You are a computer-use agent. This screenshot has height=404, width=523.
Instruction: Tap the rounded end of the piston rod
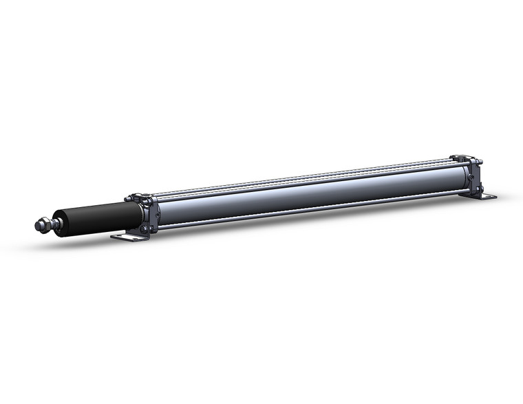(37, 224)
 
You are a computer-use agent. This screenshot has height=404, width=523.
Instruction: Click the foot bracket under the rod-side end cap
(131, 236)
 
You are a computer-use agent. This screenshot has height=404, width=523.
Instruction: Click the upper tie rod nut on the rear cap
(480, 162)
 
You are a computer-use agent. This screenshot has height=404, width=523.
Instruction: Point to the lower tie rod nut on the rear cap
(480, 187)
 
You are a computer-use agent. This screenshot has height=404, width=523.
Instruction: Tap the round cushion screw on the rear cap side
(471, 177)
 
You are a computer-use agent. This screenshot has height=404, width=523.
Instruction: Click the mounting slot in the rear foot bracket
(488, 198)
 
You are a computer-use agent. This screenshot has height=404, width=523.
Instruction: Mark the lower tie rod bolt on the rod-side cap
(145, 228)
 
